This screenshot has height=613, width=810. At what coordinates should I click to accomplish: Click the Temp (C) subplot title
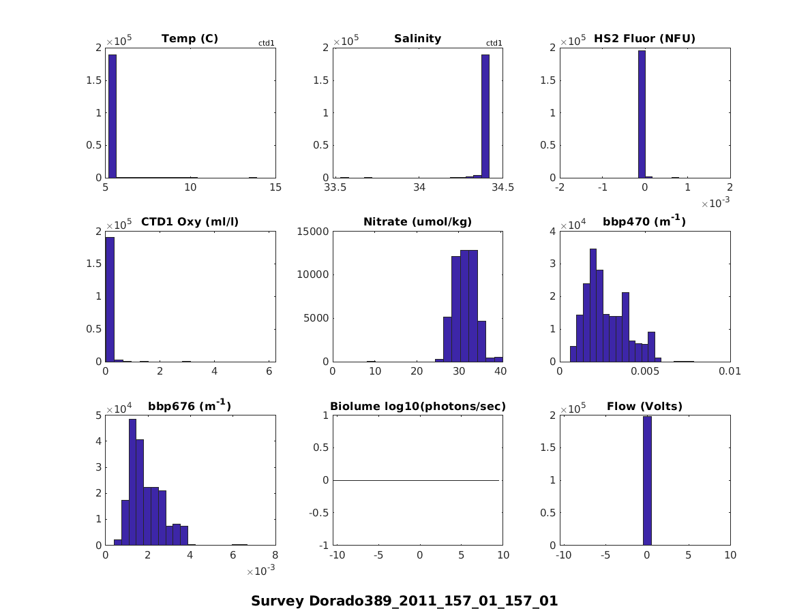190,39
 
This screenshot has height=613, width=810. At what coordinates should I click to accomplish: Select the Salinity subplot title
417,39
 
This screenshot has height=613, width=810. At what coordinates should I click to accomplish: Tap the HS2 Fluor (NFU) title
644,39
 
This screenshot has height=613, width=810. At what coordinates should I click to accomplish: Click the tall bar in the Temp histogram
112,116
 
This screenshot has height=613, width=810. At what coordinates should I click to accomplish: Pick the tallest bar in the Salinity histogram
485,116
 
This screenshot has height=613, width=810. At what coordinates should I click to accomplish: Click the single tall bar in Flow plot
647,481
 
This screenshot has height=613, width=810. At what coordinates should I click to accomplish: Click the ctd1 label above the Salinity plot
494,43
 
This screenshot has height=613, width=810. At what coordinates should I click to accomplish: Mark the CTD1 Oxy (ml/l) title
190,222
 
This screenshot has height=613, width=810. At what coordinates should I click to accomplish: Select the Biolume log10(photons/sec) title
417,407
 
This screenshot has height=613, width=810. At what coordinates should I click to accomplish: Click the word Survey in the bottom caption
277,601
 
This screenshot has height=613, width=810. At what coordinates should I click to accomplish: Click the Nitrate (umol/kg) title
417,222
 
